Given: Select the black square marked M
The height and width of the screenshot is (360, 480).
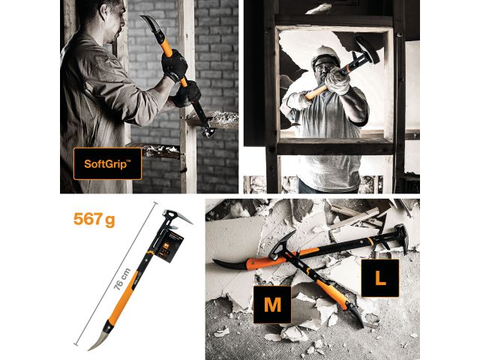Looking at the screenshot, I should point(271,305).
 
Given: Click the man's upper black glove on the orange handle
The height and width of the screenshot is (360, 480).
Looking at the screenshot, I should point(175,66).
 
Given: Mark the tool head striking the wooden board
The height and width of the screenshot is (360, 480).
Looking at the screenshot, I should point(206,127).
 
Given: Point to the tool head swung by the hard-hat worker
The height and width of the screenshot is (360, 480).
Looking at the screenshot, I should point(367,49).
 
